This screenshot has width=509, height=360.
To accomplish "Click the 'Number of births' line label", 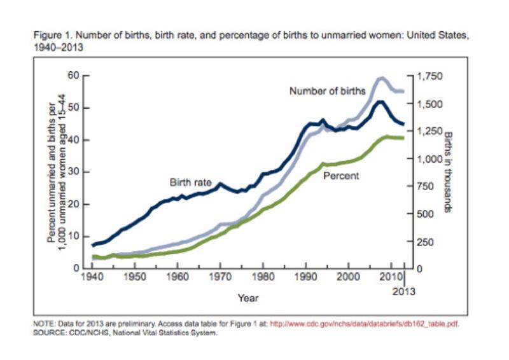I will [x=327, y=90].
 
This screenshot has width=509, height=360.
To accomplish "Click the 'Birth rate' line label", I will [x=190, y=183].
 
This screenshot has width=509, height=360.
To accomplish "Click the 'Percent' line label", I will [x=341, y=175].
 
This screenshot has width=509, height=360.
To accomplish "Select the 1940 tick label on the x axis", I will [x=92, y=279].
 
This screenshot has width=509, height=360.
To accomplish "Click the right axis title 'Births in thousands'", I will [x=448, y=172].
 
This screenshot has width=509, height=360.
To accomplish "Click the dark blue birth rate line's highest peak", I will [x=380, y=101].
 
